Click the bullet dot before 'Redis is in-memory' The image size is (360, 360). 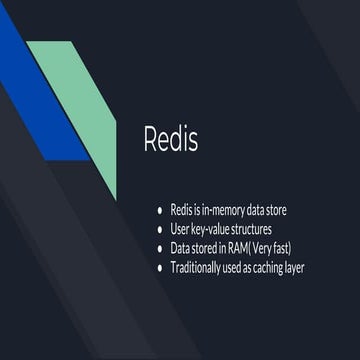click(159, 213)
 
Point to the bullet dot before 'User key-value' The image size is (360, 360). click(159, 231)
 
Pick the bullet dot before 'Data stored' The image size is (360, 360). click(159, 249)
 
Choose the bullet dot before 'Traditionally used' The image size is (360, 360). click(159, 267)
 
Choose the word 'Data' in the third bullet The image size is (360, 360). click(181, 249)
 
